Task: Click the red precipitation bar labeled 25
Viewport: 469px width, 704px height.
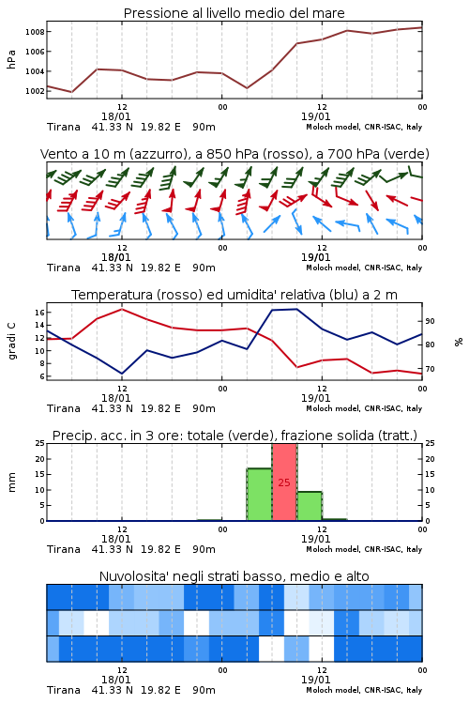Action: point(284,482)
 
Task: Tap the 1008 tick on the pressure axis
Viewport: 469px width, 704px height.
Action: point(35,32)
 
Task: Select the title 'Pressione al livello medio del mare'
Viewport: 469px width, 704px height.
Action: point(234,13)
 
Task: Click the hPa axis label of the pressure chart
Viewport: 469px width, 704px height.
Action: point(11,59)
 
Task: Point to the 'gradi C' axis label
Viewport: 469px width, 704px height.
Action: point(11,341)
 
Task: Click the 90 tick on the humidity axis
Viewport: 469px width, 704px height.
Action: point(430,321)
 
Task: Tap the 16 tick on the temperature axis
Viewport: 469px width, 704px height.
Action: point(39,312)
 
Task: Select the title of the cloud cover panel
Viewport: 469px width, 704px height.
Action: point(234,576)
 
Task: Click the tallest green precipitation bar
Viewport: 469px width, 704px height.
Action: point(260,495)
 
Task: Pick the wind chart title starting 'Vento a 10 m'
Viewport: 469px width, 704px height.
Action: point(234,154)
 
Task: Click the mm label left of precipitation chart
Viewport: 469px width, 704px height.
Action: point(11,482)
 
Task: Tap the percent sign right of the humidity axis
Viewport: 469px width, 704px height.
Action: point(459,342)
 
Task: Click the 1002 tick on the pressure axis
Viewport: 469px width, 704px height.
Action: point(35,91)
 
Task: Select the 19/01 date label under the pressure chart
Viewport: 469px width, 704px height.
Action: point(315,116)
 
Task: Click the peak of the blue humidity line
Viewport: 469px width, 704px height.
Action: point(295,309)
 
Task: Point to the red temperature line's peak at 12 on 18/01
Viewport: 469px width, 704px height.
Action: point(122,309)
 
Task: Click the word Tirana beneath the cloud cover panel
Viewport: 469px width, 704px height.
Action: point(64,690)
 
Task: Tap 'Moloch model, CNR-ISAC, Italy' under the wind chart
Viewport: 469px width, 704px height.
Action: point(364,268)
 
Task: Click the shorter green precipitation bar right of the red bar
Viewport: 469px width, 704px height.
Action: point(310,507)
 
